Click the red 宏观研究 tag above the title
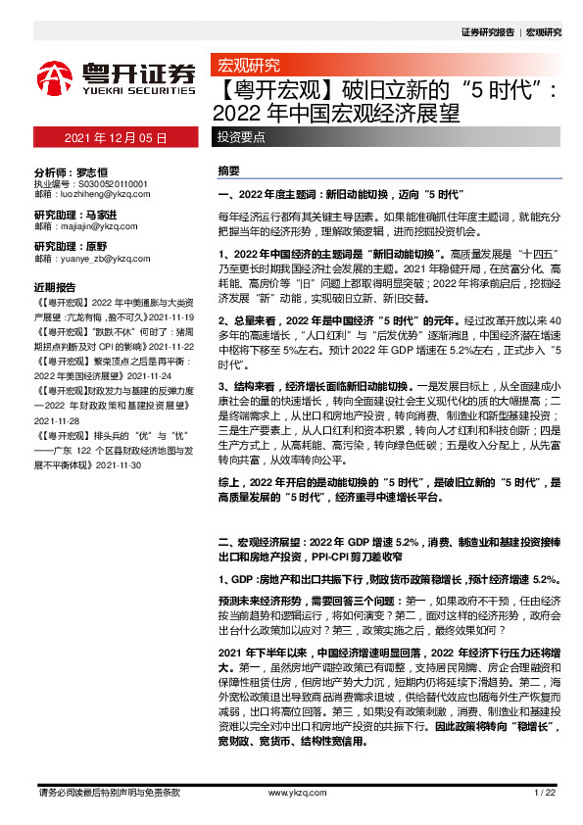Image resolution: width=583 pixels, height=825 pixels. point(247,67)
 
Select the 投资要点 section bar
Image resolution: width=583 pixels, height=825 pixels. point(240,138)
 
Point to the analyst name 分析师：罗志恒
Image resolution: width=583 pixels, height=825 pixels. point(69,170)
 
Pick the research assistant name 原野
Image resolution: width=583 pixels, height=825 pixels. point(96,246)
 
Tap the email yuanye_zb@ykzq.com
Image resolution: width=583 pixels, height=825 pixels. point(96,259)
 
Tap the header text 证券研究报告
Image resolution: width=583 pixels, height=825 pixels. point(486,32)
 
